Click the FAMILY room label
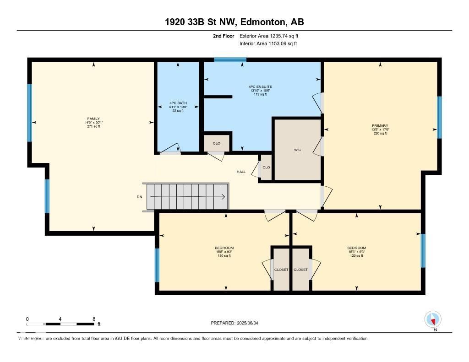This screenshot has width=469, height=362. (x=93, y=119)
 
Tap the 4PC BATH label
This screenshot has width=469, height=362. (x=178, y=103)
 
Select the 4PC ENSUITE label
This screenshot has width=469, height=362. (x=261, y=86)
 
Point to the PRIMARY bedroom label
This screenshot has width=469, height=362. (x=380, y=125)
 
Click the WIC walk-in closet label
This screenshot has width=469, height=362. (x=297, y=149)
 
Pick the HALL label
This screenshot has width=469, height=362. (x=241, y=172)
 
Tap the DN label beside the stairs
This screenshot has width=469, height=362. (x=140, y=197)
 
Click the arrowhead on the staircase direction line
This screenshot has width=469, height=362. (x=223, y=197)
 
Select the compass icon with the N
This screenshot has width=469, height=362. (x=433, y=319)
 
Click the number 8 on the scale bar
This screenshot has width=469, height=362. (x=93, y=319)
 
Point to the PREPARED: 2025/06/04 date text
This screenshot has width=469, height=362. (x=238, y=323)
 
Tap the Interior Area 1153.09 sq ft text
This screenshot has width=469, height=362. (x=268, y=43)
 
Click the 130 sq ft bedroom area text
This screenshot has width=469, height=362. (x=224, y=256)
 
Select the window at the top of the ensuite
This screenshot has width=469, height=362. (x=230, y=59)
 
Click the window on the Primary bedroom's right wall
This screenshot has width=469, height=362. (x=439, y=117)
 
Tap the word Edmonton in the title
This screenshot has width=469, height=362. (x=260, y=22)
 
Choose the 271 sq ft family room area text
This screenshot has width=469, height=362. (x=93, y=126)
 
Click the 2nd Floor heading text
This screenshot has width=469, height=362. (x=224, y=36)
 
